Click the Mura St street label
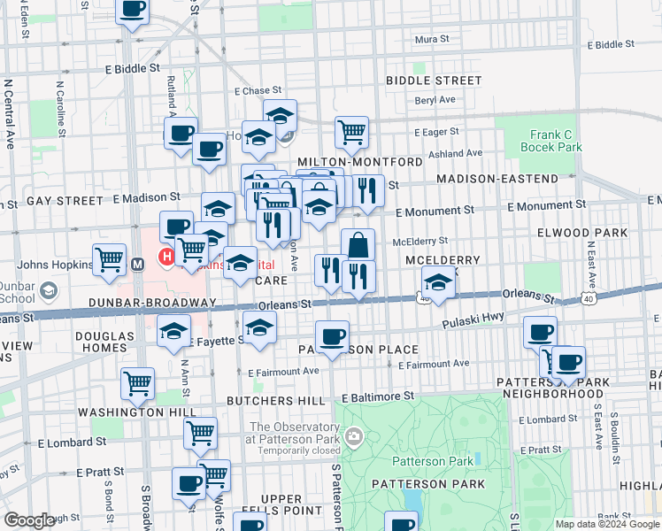pos(433,40)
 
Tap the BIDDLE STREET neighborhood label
pos(434,81)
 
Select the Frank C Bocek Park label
pos(556,141)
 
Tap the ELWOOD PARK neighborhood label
pos(582,234)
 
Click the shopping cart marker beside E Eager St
pos(351,133)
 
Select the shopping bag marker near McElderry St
pos(358,245)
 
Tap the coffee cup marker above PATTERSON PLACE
pos(332,336)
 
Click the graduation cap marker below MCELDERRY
pos(437,283)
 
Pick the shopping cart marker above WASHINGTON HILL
pos(137,383)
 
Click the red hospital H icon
pos(165,258)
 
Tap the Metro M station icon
pos(138,264)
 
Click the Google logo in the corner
pos(29,520)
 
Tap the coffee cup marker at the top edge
pos(133,11)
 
